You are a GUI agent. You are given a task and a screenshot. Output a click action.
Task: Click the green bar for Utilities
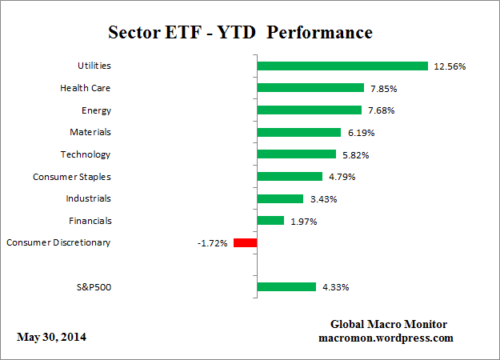pyautogui.click(x=342, y=66)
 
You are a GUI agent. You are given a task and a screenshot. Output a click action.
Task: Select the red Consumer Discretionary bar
pyautogui.click(x=244, y=242)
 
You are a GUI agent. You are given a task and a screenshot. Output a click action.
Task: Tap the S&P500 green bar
pyautogui.click(x=286, y=286)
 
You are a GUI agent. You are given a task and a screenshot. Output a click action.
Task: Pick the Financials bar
pyautogui.click(x=270, y=220)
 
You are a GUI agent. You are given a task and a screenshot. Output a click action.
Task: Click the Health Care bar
pyautogui.click(x=310, y=88)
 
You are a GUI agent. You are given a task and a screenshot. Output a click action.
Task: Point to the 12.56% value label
pyautogui.click(x=450, y=66)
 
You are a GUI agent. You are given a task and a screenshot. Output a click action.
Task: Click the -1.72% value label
pyautogui.click(x=213, y=242)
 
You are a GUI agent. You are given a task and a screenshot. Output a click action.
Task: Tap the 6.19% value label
pyautogui.click(x=358, y=132)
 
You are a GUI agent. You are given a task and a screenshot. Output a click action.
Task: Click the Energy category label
pyautogui.click(x=95, y=110)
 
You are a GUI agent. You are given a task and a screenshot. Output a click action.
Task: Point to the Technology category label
pyautogui.click(x=85, y=154)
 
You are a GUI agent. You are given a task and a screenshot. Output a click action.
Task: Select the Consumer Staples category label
pyautogui.click(x=71, y=176)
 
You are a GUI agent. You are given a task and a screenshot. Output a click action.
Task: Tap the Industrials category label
pyautogui.click(x=87, y=198)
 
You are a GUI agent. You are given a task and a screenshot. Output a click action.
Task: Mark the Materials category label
pyautogui.click(x=90, y=132)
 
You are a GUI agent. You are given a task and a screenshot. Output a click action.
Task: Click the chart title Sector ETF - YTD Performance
pyautogui.click(x=240, y=34)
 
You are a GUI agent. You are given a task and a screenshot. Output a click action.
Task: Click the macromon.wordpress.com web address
pyautogui.click(x=386, y=338)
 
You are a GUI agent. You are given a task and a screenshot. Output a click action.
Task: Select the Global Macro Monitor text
pyautogui.click(x=388, y=324)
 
